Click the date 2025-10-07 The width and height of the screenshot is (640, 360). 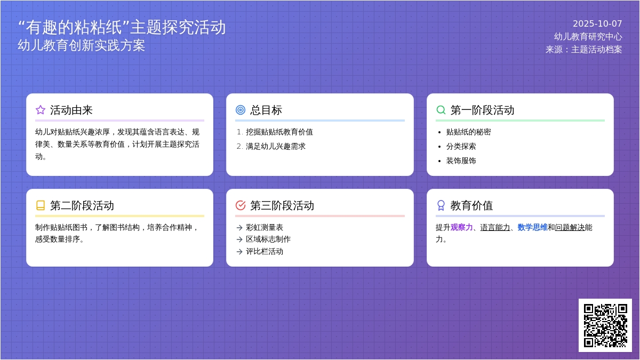tap(597, 23)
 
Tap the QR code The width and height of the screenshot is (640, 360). tap(605, 325)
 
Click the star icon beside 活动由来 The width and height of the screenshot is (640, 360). tap(41, 110)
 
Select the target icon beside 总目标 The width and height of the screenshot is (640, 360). tap(241, 110)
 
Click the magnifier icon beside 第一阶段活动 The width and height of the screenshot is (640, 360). tap(441, 110)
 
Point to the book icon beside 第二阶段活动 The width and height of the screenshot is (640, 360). tap(41, 205)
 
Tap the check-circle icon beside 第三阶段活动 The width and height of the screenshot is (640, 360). tap(241, 205)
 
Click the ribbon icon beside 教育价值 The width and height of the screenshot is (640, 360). tap(441, 205)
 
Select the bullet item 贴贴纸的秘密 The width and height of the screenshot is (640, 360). tap(468, 132)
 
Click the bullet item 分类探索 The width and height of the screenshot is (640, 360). tap(461, 146)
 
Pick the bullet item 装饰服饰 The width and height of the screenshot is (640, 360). tap(461, 161)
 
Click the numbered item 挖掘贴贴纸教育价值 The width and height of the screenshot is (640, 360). tap(279, 132)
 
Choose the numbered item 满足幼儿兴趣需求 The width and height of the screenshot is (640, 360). tap(275, 146)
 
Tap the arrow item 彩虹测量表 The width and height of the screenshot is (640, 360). tap(264, 227)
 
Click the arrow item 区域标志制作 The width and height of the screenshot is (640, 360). tap(268, 239)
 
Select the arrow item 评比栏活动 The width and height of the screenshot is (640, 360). tap(264, 251)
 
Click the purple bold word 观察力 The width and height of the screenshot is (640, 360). tap(461, 227)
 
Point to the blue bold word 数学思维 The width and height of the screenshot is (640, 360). tap(532, 227)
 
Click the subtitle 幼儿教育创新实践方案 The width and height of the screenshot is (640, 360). tap(81, 45)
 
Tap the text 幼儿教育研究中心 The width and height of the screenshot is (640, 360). tap(588, 36)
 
